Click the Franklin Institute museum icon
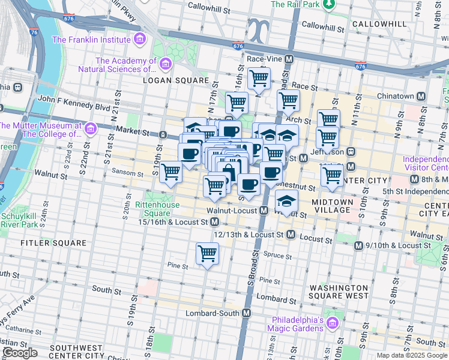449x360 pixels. coord(140,40)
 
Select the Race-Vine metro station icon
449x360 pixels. coord(289,59)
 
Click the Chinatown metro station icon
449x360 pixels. coord(421,96)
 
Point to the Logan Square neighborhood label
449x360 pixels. coord(176,80)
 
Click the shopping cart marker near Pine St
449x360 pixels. coord(207,254)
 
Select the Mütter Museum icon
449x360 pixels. coord(90,128)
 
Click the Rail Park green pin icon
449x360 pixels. coord(328,4)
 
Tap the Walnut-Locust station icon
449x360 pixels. coord(264,211)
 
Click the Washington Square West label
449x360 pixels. coord(339,291)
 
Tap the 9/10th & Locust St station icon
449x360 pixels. coord(358,245)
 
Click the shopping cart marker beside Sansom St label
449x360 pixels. coord(170,172)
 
